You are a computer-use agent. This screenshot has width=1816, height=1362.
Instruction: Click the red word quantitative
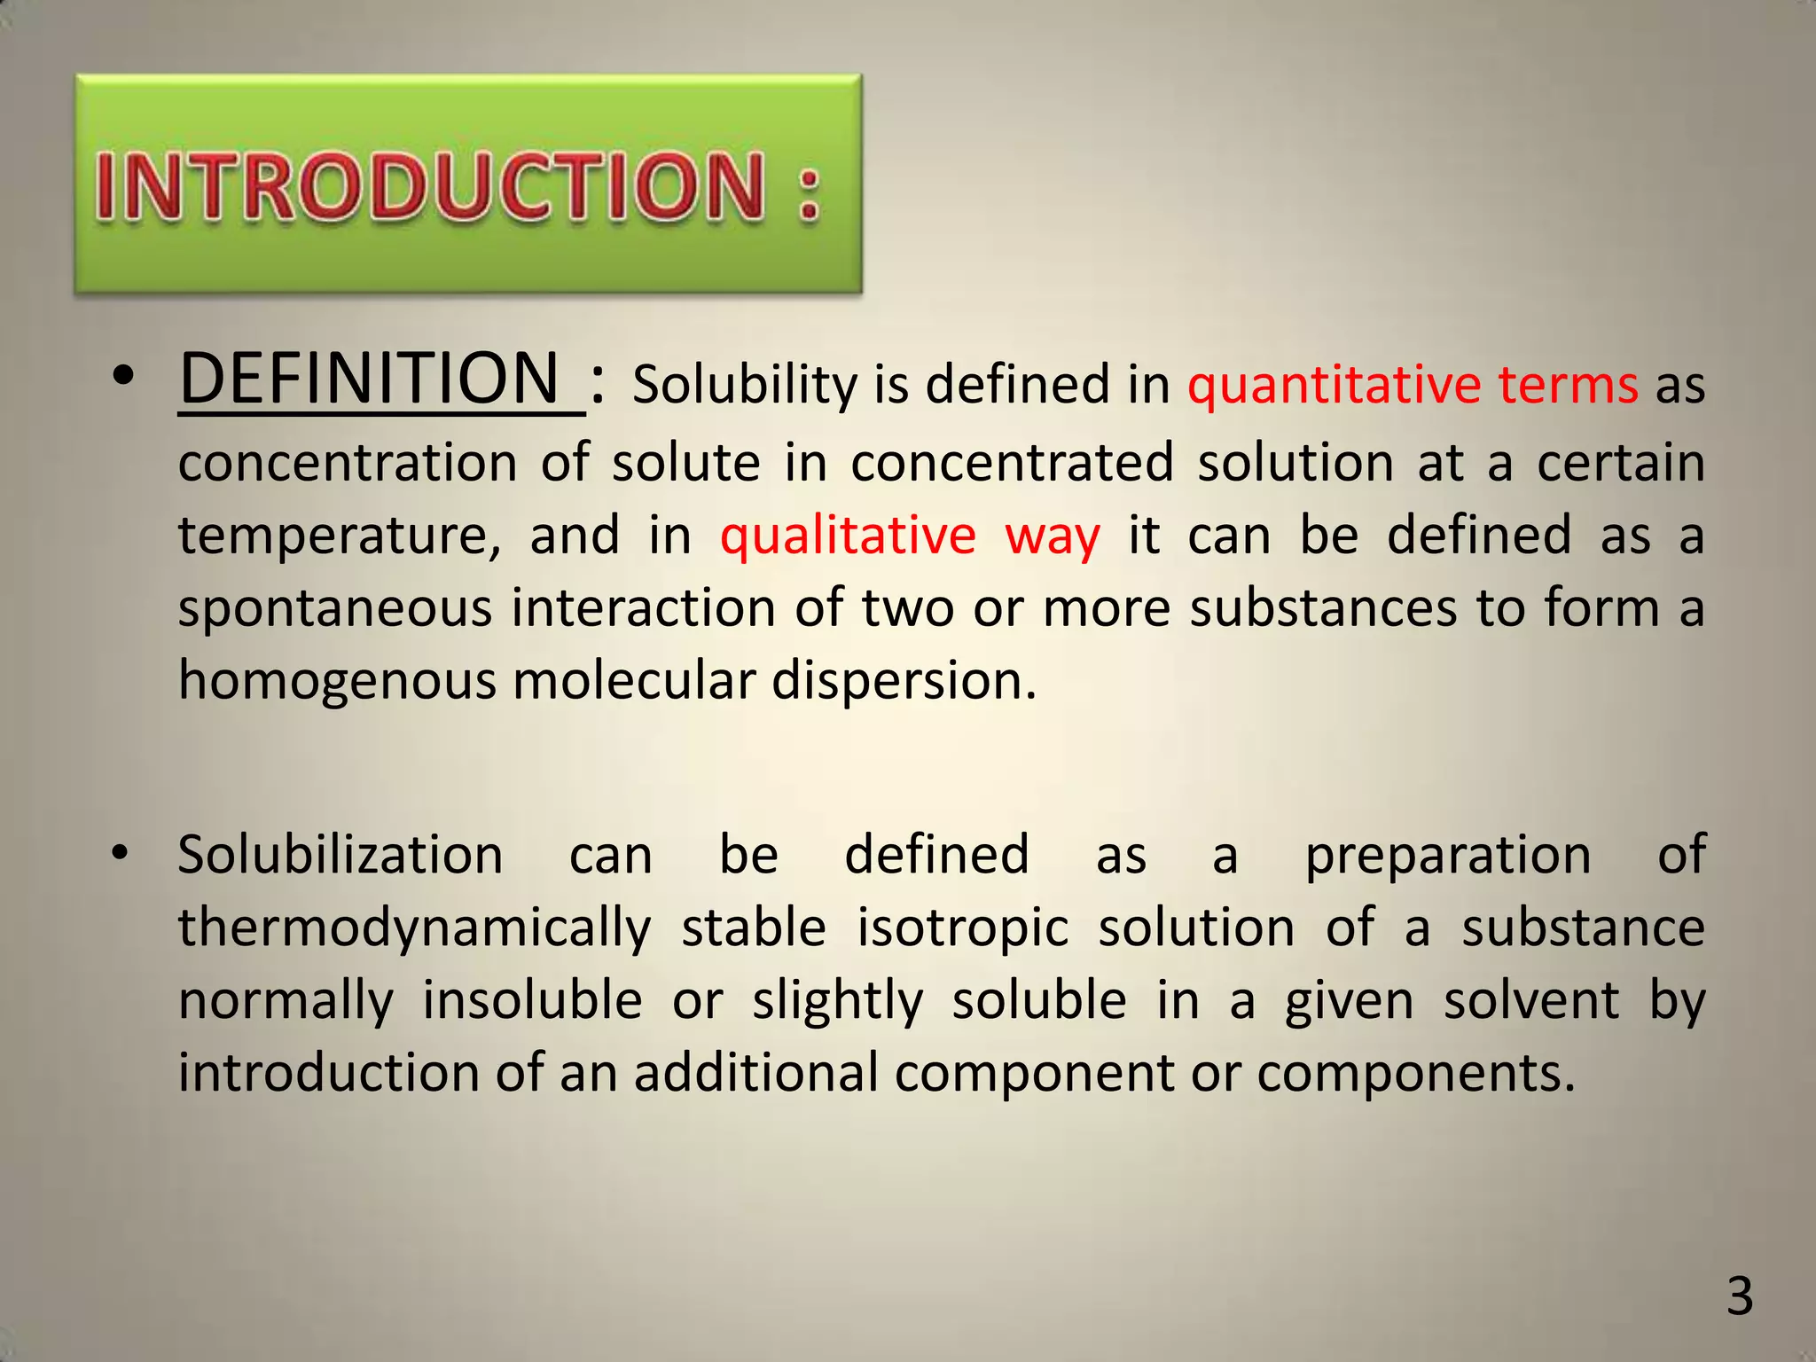point(1333,386)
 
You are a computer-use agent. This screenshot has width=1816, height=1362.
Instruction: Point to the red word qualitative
point(848,536)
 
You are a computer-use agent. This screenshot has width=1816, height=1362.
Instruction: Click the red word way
point(1052,537)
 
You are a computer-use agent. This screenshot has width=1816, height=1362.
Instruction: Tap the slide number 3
point(1740,1295)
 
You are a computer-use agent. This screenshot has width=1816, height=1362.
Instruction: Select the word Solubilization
point(340,855)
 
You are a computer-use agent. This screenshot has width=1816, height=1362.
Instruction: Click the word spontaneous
point(334,610)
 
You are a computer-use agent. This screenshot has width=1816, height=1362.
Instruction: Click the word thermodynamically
point(414,929)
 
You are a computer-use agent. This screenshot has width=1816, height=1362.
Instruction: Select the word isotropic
point(963,929)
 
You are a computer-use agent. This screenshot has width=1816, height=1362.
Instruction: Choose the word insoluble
point(532,1000)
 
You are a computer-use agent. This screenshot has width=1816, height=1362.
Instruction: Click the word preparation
point(1448,857)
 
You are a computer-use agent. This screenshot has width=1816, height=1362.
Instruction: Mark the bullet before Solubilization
point(121,854)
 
